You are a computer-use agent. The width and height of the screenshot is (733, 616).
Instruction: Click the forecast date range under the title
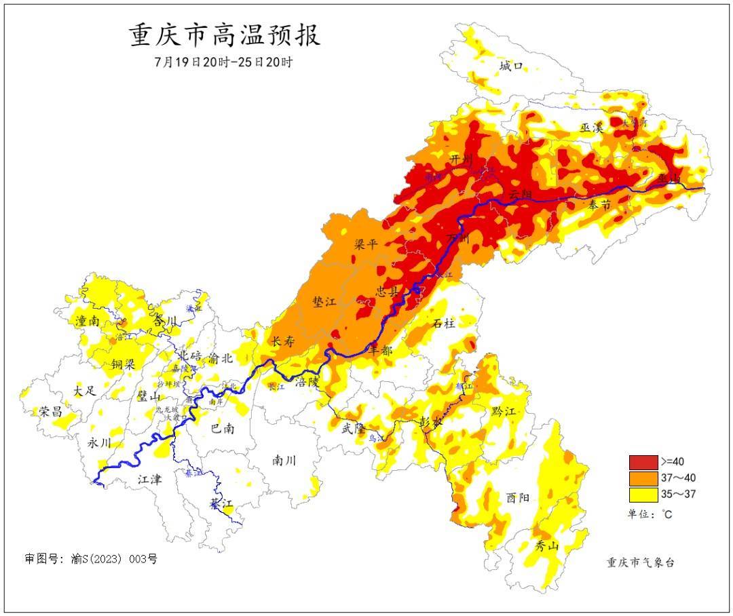(x=224, y=62)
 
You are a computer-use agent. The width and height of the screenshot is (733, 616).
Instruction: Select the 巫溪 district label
(x=592, y=128)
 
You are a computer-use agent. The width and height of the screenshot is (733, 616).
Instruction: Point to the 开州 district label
(x=462, y=159)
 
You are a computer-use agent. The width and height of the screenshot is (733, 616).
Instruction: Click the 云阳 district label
(x=521, y=195)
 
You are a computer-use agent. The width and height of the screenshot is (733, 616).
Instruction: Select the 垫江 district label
(x=325, y=303)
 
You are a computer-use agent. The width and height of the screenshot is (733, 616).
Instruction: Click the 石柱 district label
(x=444, y=324)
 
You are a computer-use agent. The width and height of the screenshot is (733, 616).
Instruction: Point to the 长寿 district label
(x=282, y=342)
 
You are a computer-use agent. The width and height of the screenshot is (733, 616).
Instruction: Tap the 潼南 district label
(x=89, y=321)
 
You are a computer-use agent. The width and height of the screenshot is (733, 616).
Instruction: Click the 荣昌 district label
(x=50, y=411)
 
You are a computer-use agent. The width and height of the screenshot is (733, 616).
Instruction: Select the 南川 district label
(x=284, y=461)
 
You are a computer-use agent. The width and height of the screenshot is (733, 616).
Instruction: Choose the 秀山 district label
(x=548, y=546)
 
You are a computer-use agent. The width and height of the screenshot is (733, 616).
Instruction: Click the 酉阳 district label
(x=517, y=497)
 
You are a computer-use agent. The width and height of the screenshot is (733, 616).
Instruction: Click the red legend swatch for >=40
(x=643, y=462)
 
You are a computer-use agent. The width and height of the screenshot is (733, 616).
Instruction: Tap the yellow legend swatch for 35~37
(x=643, y=494)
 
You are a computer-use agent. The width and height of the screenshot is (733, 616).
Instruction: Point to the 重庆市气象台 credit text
(x=641, y=562)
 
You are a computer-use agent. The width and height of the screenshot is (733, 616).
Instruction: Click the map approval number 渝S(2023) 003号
(x=91, y=559)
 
